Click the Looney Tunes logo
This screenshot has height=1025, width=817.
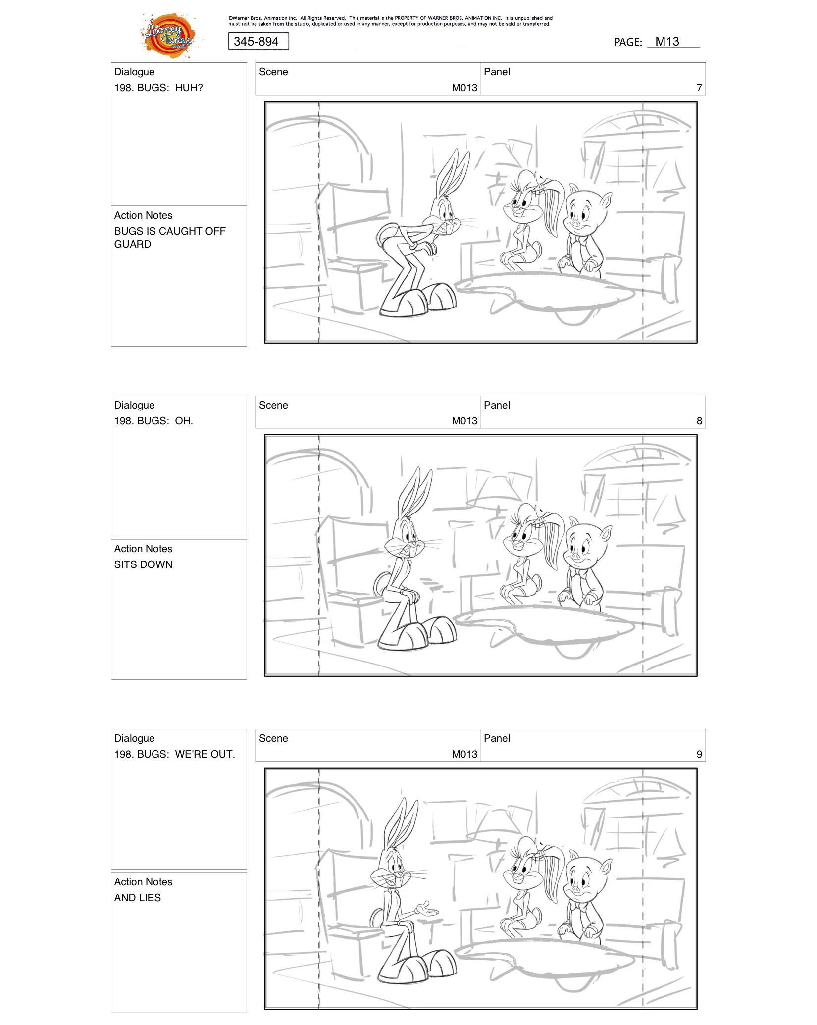[168, 36]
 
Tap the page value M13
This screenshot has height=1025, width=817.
[667, 42]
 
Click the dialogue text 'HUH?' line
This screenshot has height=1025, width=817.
[158, 88]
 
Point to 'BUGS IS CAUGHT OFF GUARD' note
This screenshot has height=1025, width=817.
[169, 238]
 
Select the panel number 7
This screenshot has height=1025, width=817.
[699, 88]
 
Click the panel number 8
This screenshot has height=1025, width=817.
[699, 421]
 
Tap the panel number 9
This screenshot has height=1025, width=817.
[699, 754]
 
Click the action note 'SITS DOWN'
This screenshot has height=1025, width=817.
[143, 564]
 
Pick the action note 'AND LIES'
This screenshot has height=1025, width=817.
[138, 898]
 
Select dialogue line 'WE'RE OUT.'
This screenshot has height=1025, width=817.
[174, 754]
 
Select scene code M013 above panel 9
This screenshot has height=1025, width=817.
[464, 754]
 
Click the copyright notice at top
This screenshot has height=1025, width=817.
[390, 21]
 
